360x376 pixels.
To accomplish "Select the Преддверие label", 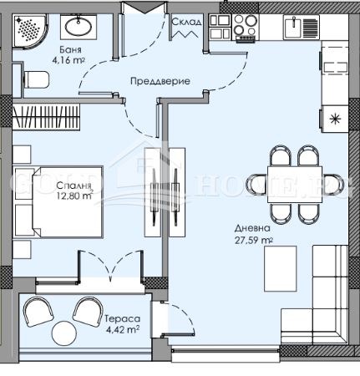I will tap(160, 81).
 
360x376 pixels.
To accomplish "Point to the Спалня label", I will tap(73, 185).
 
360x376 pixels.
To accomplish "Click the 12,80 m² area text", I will tap(74, 197).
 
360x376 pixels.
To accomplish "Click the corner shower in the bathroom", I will tap(32, 27).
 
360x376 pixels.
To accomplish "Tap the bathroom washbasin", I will tap(79, 27).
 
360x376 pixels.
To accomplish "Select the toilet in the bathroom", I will tap(37, 80).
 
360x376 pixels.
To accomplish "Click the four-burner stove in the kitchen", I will tap(246, 26).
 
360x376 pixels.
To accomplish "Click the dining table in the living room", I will tap(293, 185).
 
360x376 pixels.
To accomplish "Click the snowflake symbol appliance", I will tap(335, 117).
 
